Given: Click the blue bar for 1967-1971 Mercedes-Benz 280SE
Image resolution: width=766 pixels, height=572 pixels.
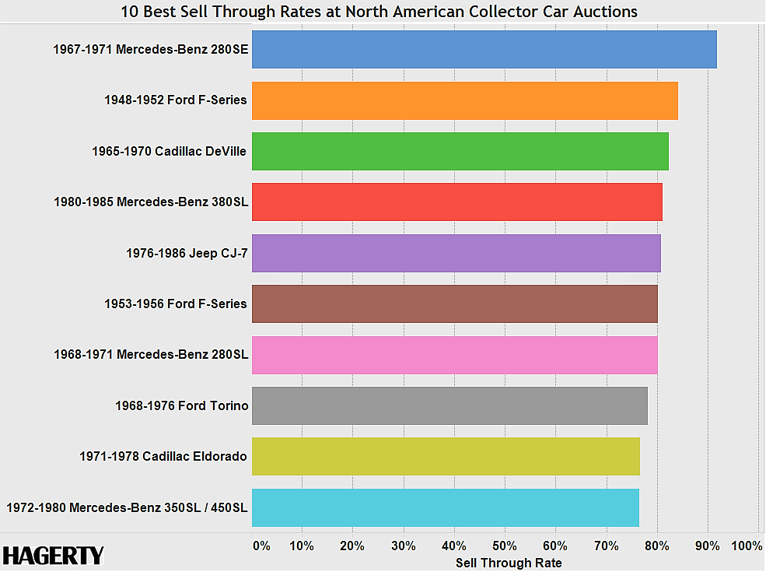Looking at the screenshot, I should click(484, 49).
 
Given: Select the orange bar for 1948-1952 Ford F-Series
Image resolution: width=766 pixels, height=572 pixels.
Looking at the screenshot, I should click(464, 100).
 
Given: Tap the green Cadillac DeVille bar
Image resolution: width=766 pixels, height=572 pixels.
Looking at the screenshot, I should click(460, 151).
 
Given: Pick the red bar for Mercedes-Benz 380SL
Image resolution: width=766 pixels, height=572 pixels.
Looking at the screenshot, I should click(456, 202).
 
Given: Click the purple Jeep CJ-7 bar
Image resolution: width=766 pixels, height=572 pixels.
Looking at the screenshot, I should click(456, 253).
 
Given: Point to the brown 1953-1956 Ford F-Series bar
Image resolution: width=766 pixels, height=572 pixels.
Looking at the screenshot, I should click(454, 304).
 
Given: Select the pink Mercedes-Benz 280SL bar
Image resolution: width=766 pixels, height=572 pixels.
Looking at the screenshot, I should click(454, 355).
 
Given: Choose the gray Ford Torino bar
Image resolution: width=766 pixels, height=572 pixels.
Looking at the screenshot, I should click(449, 405).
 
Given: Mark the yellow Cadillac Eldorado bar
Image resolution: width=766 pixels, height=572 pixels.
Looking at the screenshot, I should click(446, 456).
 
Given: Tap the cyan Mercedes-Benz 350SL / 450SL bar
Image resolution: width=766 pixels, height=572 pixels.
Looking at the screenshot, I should click(445, 507).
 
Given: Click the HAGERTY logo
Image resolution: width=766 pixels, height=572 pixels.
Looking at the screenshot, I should click(53, 555).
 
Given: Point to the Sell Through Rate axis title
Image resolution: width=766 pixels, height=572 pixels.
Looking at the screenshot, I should click(508, 563).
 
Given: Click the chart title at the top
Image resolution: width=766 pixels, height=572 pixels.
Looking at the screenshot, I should click(380, 12).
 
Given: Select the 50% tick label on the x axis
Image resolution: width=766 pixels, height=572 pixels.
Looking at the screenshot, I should click(505, 546).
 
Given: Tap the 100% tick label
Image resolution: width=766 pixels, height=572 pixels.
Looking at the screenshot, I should click(747, 546).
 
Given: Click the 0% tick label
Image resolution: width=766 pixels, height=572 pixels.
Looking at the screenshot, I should click(262, 546).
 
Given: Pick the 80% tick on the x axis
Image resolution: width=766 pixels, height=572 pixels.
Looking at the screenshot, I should click(657, 546).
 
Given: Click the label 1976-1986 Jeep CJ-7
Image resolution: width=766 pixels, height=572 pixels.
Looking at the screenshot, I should click(186, 253).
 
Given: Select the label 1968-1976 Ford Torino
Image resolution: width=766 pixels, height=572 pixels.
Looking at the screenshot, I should click(180, 405).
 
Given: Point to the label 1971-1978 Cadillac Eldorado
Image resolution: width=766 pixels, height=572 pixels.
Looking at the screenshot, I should click(163, 456).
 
